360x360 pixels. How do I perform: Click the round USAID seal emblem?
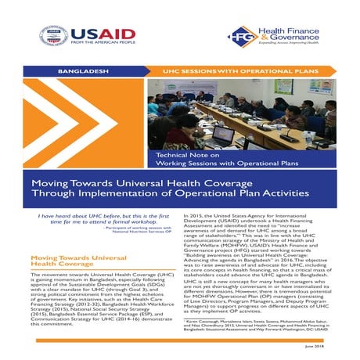[x=53, y=34]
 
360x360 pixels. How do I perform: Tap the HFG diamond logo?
[x=239, y=34]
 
